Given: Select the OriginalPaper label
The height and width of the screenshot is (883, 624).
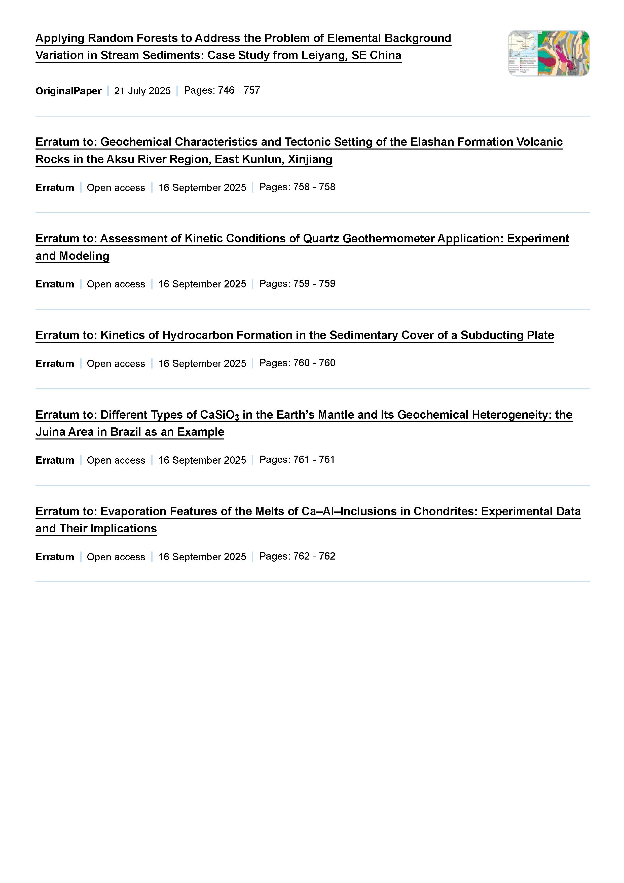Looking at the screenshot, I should point(68,91).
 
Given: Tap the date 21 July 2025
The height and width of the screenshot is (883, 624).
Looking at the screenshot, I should point(142,91).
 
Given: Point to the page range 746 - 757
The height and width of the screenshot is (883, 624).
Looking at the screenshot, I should point(239,90).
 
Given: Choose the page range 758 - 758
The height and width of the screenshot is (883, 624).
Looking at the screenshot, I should point(314,187).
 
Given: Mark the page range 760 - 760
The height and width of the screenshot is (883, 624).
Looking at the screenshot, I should point(314,363).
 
